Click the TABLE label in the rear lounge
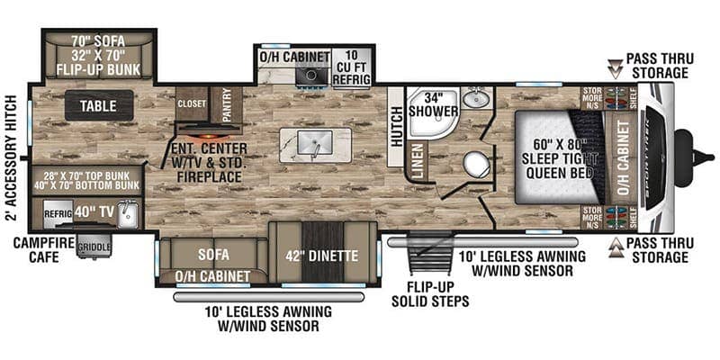pyautogui.click(x=99, y=105)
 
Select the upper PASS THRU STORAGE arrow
pyautogui.click(x=616, y=65)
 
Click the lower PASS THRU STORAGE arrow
pyautogui.click(x=616, y=245)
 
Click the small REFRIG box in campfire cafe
pyautogui.click(x=57, y=213)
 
